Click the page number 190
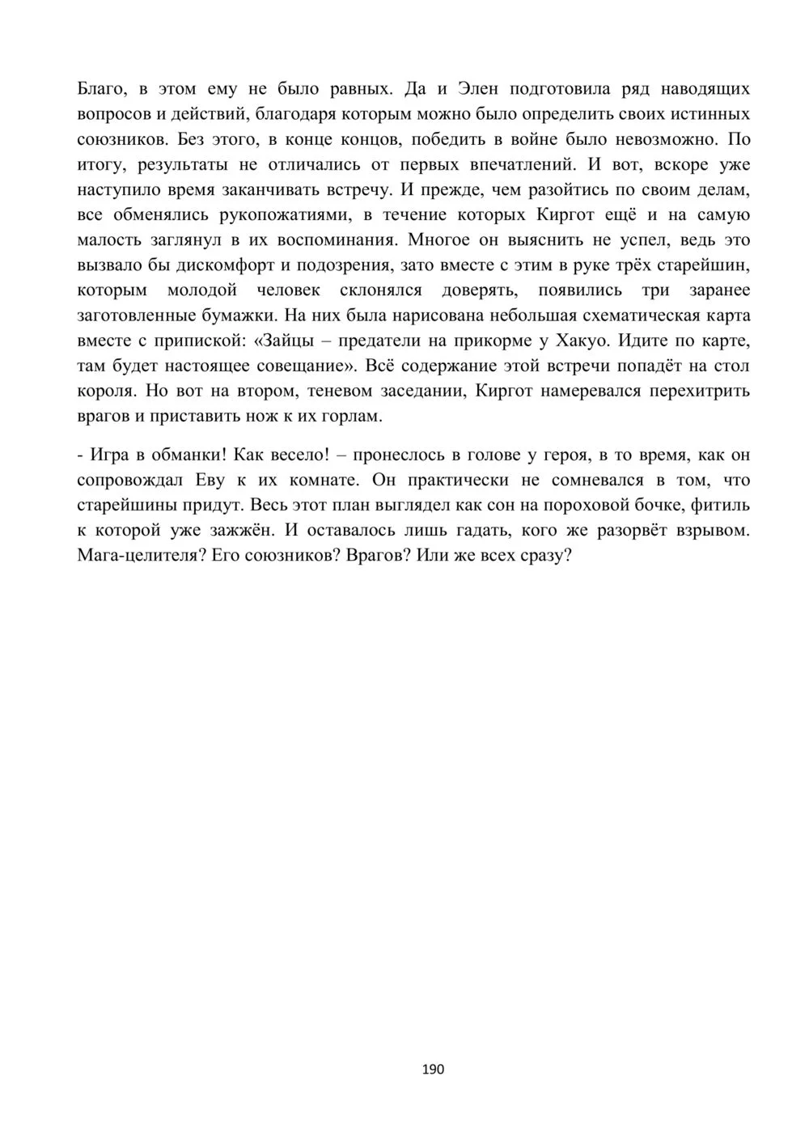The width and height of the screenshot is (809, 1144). pyautogui.click(x=434, y=1069)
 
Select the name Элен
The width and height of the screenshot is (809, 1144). pyautogui.click(x=472, y=89)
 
